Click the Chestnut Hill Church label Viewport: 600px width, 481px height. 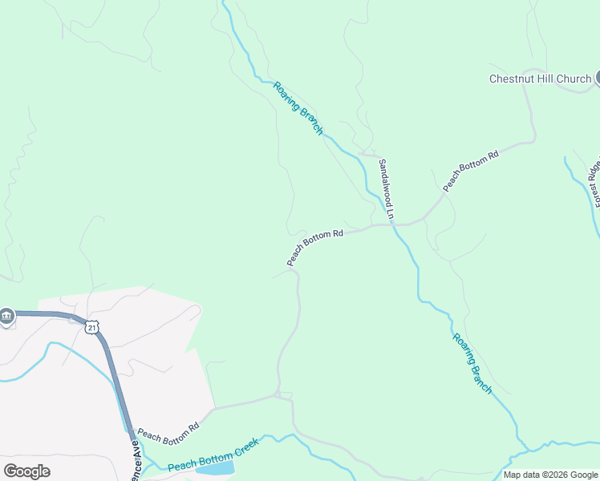540,79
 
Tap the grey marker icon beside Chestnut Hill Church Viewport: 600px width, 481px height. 598,78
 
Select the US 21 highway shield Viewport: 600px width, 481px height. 93,328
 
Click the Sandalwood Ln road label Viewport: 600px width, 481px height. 385,188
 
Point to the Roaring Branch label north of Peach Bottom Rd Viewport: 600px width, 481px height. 298,107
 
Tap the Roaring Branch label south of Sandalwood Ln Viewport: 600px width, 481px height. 472,363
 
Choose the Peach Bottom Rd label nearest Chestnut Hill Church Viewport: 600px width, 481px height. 471,170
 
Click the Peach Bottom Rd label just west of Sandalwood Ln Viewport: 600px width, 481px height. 315,248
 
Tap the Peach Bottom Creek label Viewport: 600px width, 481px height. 213,458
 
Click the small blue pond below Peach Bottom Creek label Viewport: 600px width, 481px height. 214,468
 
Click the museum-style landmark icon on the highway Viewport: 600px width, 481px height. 7,317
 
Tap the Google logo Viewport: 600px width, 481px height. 26,471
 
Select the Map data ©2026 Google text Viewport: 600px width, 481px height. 550,475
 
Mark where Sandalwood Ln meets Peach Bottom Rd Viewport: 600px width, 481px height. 393,225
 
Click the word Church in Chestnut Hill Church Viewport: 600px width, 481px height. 574,79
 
